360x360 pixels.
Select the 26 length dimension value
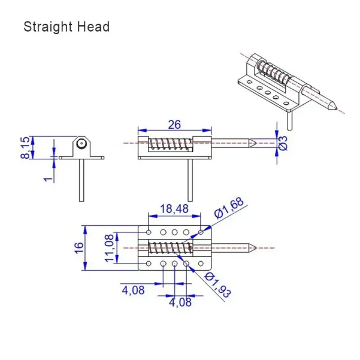(174, 125)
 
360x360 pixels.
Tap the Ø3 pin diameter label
(285, 143)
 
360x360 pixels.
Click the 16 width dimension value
(79, 247)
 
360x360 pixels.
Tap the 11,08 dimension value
(109, 247)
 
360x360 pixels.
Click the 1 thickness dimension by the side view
(47, 179)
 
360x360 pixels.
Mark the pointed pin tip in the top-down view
(255, 247)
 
